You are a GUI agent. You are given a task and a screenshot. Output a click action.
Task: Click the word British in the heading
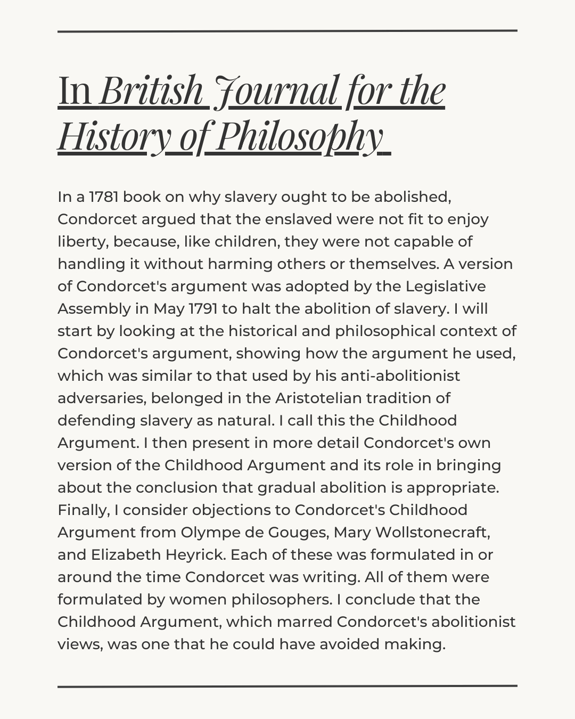[x=151, y=91]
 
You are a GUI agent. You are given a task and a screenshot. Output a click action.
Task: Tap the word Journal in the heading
[x=275, y=91]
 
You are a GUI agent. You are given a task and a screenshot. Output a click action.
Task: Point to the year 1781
[x=104, y=197]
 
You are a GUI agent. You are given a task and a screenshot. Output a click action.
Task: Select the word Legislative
[x=446, y=287]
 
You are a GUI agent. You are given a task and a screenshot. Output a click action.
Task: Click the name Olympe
[x=207, y=533]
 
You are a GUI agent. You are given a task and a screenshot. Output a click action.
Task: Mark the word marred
[x=305, y=622]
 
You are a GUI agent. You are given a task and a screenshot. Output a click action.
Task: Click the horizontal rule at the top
[x=287, y=31]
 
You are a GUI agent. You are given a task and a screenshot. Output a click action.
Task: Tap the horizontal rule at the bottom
[x=287, y=686]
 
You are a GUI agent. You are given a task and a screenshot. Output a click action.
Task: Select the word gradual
[x=325, y=488]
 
